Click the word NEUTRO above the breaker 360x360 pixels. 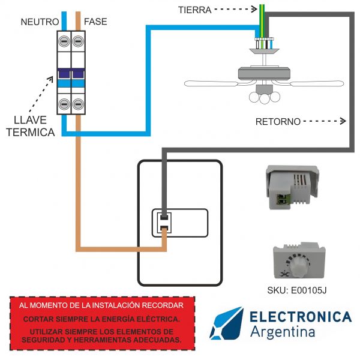click(40, 22)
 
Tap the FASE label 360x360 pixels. click(96, 22)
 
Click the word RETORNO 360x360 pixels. click(278, 122)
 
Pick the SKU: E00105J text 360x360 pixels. click(296, 291)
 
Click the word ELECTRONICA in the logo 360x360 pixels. click(300, 317)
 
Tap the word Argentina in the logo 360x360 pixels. click(281, 332)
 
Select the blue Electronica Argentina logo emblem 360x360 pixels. click(226, 323)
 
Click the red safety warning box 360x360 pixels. click(103, 322)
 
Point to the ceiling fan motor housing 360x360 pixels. click(264, 73)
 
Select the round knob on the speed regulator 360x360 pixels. click(298, 263)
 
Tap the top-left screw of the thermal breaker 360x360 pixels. click(63, 42)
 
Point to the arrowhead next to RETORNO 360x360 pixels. click(343, 122)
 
